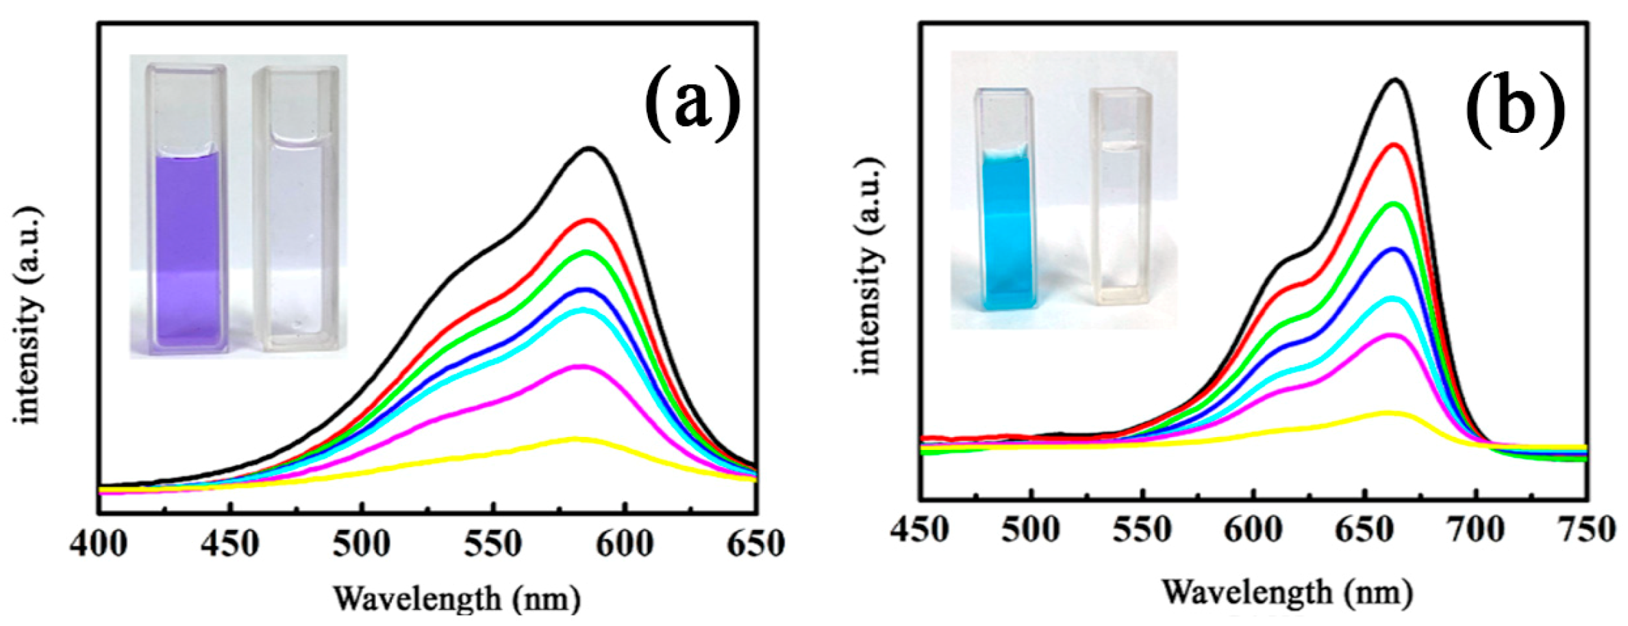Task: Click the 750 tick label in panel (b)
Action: coord(1586,529)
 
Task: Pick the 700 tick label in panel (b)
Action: coord(1476,529)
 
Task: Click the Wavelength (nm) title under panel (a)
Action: coord(457,599)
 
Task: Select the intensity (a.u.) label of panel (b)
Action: coord(868,267)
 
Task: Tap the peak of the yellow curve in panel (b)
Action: coord(1387,412)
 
